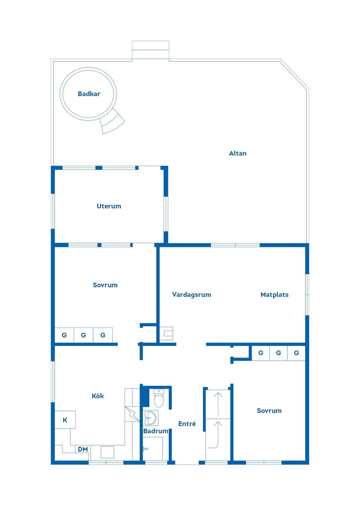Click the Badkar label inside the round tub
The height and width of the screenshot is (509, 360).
[89, 94]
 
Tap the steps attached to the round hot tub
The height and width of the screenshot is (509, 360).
[112, 122]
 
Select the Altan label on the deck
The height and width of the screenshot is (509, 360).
[238, 153]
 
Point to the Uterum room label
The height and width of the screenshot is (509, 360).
[109, 206]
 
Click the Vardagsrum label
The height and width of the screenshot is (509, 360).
[191, 295]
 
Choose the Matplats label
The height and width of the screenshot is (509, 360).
[274, 295]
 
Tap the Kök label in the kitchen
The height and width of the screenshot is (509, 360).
[97, 396]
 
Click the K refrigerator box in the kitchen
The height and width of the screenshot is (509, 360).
[65, 420]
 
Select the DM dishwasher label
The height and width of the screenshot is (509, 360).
[83, 449]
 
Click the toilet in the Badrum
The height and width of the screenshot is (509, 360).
[159, 398]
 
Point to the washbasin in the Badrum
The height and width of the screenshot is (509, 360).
[151, 418]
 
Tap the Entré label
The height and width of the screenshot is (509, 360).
[187, 424]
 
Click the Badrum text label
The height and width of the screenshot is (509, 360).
[156, 431]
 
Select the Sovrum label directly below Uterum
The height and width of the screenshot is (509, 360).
[105, 285]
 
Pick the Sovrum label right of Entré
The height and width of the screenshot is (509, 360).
[269, 410]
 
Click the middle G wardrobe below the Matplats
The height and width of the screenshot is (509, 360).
[278, 353]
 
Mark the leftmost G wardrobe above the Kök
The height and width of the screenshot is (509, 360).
[64, 335]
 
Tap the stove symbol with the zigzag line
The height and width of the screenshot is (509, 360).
[132, 414]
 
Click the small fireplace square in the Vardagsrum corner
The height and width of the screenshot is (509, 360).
[166, 333]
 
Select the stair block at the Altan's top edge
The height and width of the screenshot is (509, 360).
[150, 50]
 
